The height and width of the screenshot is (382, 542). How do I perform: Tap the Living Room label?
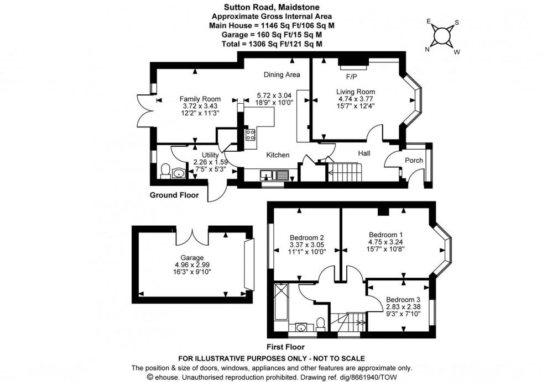click(356, 92)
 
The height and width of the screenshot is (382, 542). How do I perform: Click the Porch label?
click(414, 161)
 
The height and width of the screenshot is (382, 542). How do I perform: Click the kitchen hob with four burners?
click(249, 134)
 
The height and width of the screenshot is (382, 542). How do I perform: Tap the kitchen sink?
click(274, 176)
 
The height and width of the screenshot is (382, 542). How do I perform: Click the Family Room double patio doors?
click(143, 113)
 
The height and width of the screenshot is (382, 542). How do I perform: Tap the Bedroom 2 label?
click(303, 237)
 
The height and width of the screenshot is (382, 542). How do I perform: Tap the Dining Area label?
click(282, 75)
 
